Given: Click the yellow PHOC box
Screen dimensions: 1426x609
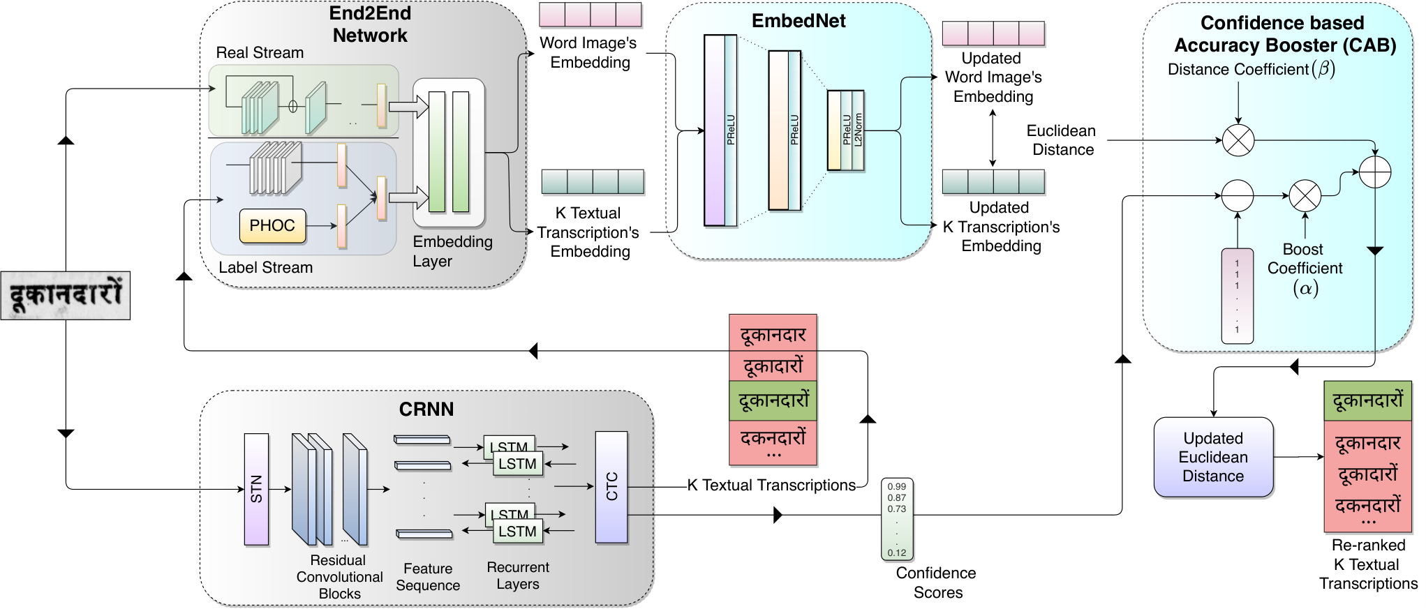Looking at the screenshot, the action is (x=272, y=226).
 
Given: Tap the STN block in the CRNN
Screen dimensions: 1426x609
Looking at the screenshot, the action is (x=256, y=489).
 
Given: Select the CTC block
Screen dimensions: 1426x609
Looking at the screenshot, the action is (x=611, y=487).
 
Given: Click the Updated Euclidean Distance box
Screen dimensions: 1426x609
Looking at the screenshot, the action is (x=1214, y=457).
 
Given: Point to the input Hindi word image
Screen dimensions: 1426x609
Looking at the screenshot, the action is (x=66, y=295).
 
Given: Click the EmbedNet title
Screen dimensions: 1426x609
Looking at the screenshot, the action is (x=799, y=22).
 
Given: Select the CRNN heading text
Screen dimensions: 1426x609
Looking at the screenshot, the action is (x=426, y=409).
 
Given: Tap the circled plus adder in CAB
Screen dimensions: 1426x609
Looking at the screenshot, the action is (x=1375, y=172).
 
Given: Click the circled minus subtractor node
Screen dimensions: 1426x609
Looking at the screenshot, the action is (x=1238, y=196).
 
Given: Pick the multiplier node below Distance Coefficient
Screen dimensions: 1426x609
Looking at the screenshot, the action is (x=1238, y=140).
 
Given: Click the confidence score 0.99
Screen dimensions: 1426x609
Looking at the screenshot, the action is (x=897, y=486).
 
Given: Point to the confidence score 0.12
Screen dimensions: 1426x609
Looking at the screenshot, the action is (x=897, y=552).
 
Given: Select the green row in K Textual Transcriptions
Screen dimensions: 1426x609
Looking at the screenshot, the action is (x=773, y=400).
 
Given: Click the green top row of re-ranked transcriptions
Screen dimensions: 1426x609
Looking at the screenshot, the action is (x=1368, y=400).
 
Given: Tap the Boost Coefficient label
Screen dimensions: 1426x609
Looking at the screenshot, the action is (x=1305, y=259).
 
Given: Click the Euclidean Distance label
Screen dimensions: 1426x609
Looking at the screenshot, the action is (x=1062, y=140).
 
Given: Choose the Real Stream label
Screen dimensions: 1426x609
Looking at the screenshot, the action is (x=260, y=53).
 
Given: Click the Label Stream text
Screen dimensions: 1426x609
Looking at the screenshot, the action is (x=265, y=268).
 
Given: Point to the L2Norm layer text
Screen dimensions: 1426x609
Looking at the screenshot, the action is (x=859, y=129).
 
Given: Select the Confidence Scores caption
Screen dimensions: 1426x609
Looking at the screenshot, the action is (x=937, y=582).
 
